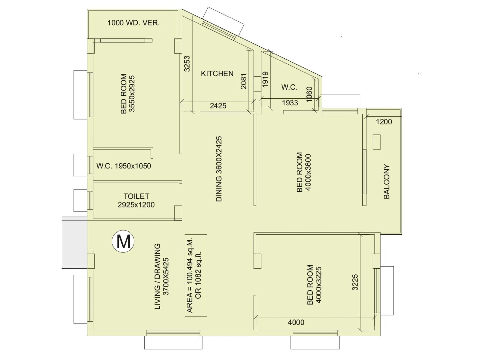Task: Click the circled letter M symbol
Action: [123, 241]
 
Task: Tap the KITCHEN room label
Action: [217, 74]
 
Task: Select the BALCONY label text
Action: [387, 181]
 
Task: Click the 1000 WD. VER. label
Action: [133, 23]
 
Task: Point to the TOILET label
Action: [136, 196]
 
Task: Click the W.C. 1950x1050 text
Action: [124, 166]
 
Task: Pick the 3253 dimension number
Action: [187, 63]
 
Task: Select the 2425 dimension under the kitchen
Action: [218, 106]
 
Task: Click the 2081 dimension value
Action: [243, 81]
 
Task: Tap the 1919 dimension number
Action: [265, 79]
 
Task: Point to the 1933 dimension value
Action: [290, 103]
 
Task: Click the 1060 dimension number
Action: [309, 94]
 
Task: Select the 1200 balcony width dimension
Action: [384, 122]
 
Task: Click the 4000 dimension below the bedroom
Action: [296, 322]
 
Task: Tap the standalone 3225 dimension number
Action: [355, 282]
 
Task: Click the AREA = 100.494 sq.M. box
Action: [196, 275]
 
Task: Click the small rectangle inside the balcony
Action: [376, 142]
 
